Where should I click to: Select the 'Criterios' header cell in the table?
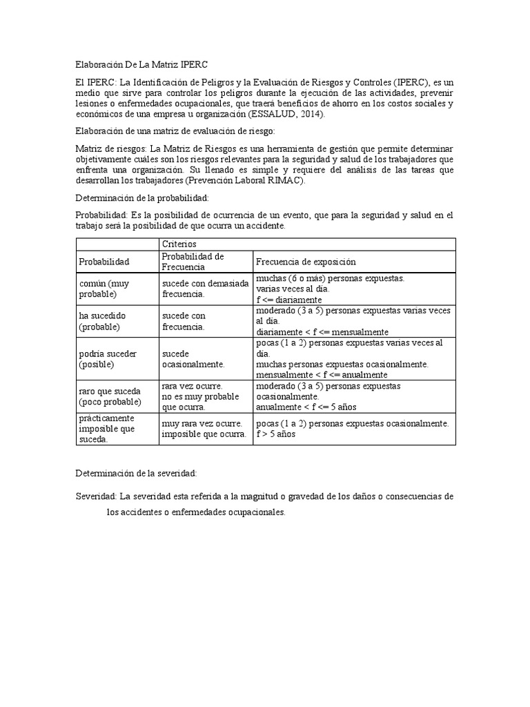[x=179, y=244]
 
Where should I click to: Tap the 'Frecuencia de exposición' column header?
[x=306, y=262]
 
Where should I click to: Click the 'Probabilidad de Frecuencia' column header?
[x=193, y=261]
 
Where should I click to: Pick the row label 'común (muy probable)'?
[x=104, y=289]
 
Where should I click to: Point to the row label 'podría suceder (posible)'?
[x=108, y=358]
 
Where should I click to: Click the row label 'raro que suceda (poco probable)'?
[x=110, y=396]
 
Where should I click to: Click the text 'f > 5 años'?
[x=277, y=434]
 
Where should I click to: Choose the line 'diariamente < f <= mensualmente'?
[x=322, y=331]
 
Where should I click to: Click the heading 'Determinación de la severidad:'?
[x=136, y=473]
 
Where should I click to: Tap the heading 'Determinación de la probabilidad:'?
[x=141, y=197]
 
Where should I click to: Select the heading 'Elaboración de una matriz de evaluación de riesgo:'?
[x=175, y=130]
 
